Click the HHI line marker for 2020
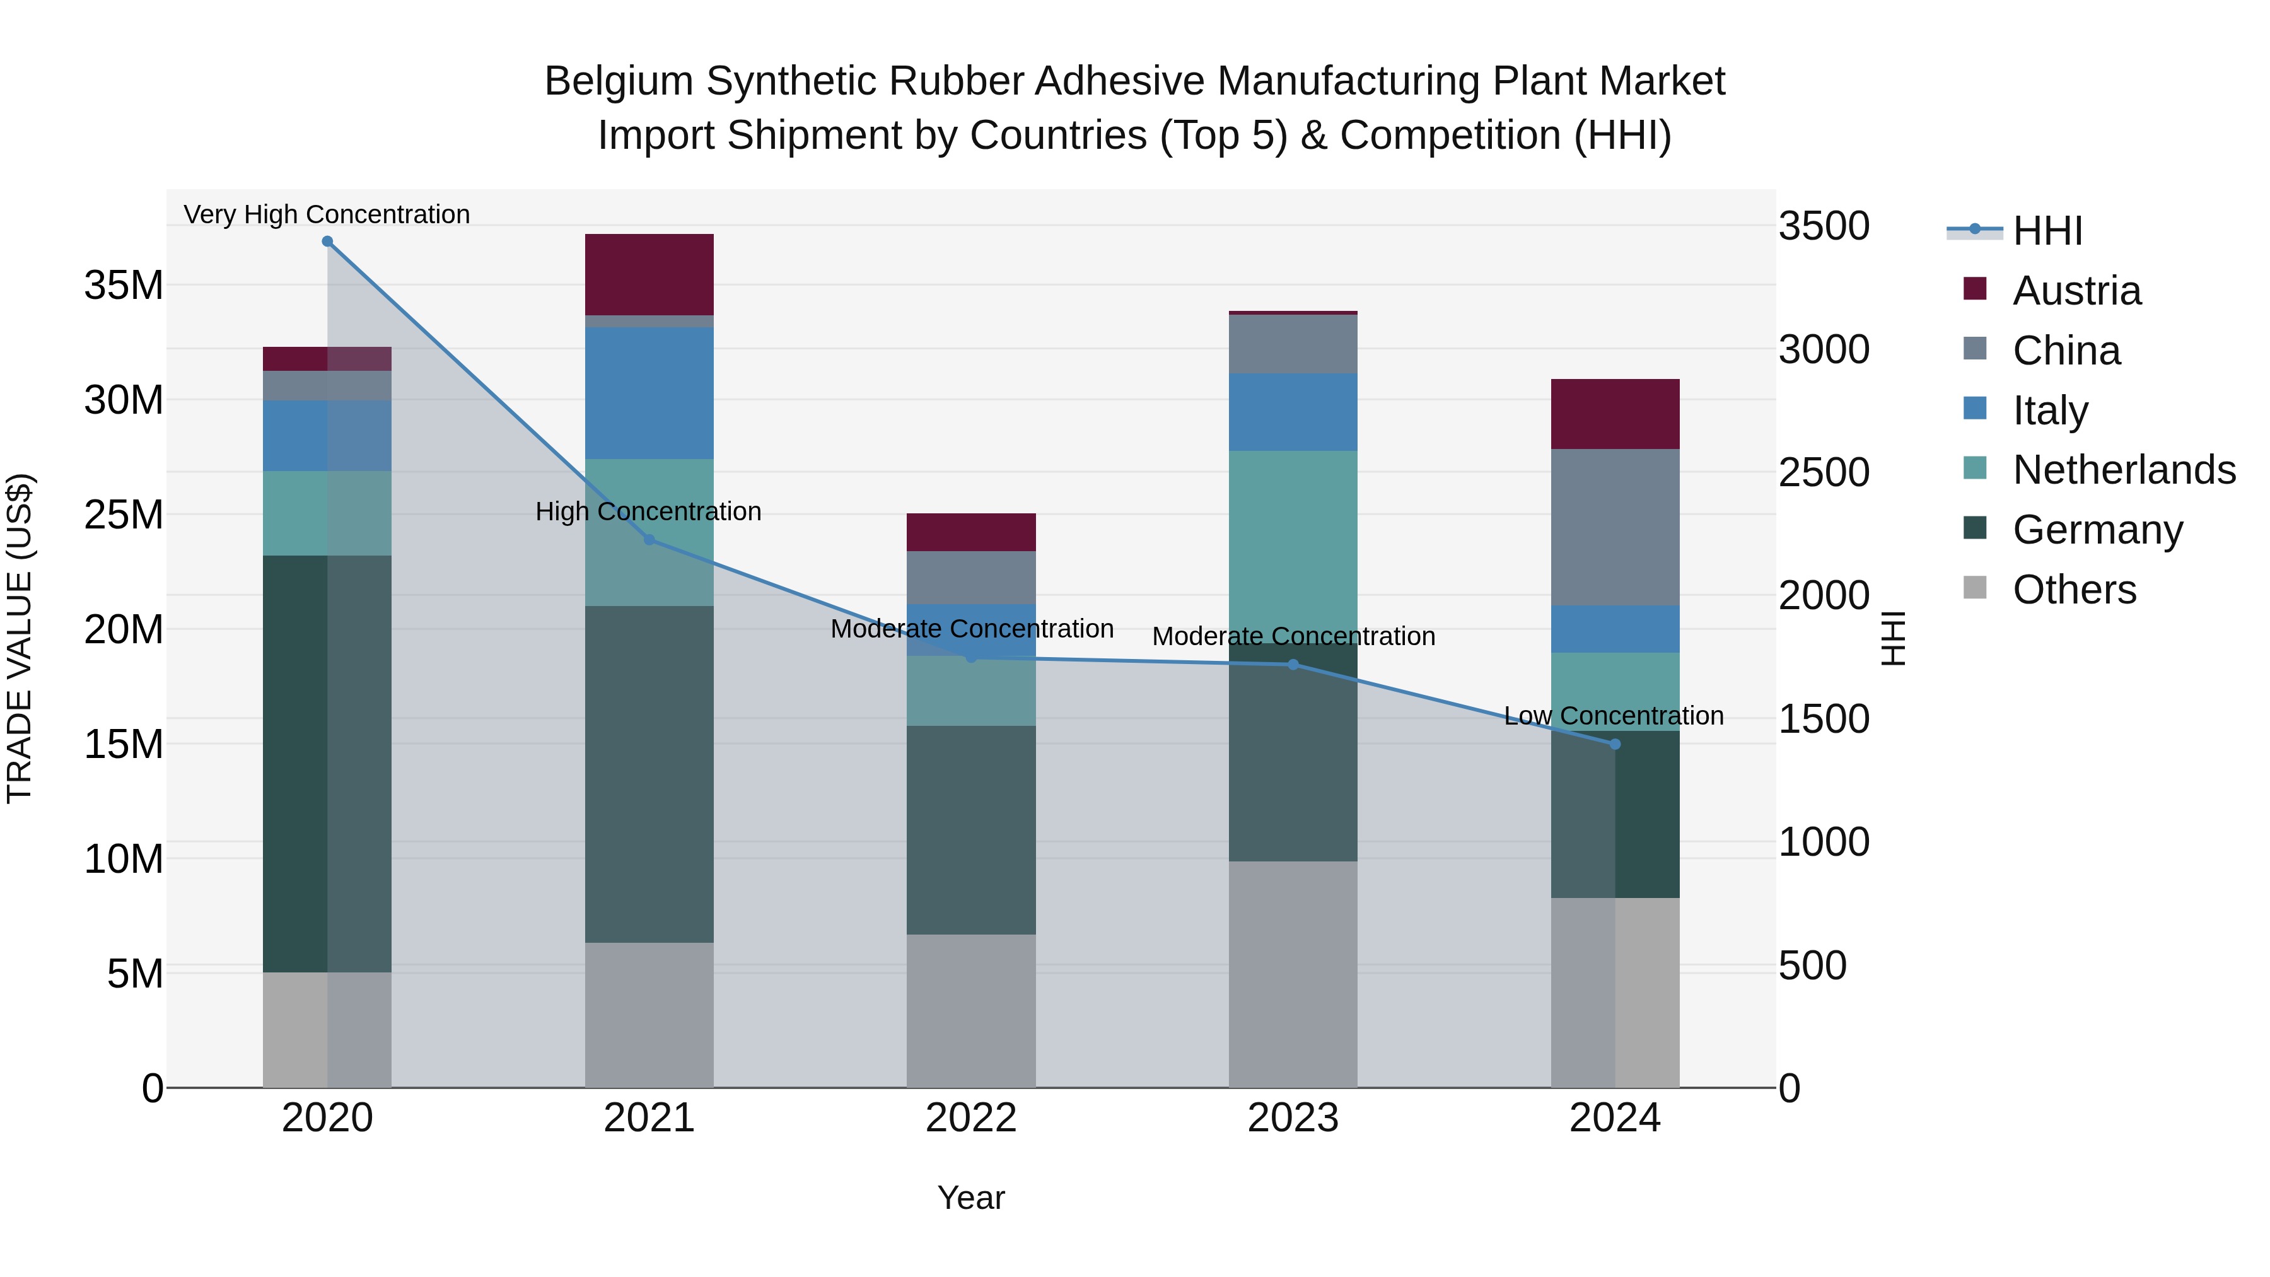[x=327, y=242]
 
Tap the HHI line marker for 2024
[x=1614, y=744]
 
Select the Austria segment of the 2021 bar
[x=649, y=274]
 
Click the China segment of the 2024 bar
[x=1614, y=527]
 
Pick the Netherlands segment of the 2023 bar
[x=1293, y=546]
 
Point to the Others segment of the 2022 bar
[x=971, y=1010]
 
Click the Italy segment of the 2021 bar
[x=649, y=393]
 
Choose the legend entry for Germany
[x=2097, y=530]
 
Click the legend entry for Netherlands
[x=2124, y=470]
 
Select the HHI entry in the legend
[x=2046, y=231]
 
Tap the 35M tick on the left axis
[x=124, y=286]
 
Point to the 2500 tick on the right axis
[x=1822, y=472]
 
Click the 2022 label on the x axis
[x=971, y=1117]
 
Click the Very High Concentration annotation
[x=327, y=214]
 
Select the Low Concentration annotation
[x=1614, y=716]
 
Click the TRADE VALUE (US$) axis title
[x=20, y=638]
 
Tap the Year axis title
[x=970, y=1198]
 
